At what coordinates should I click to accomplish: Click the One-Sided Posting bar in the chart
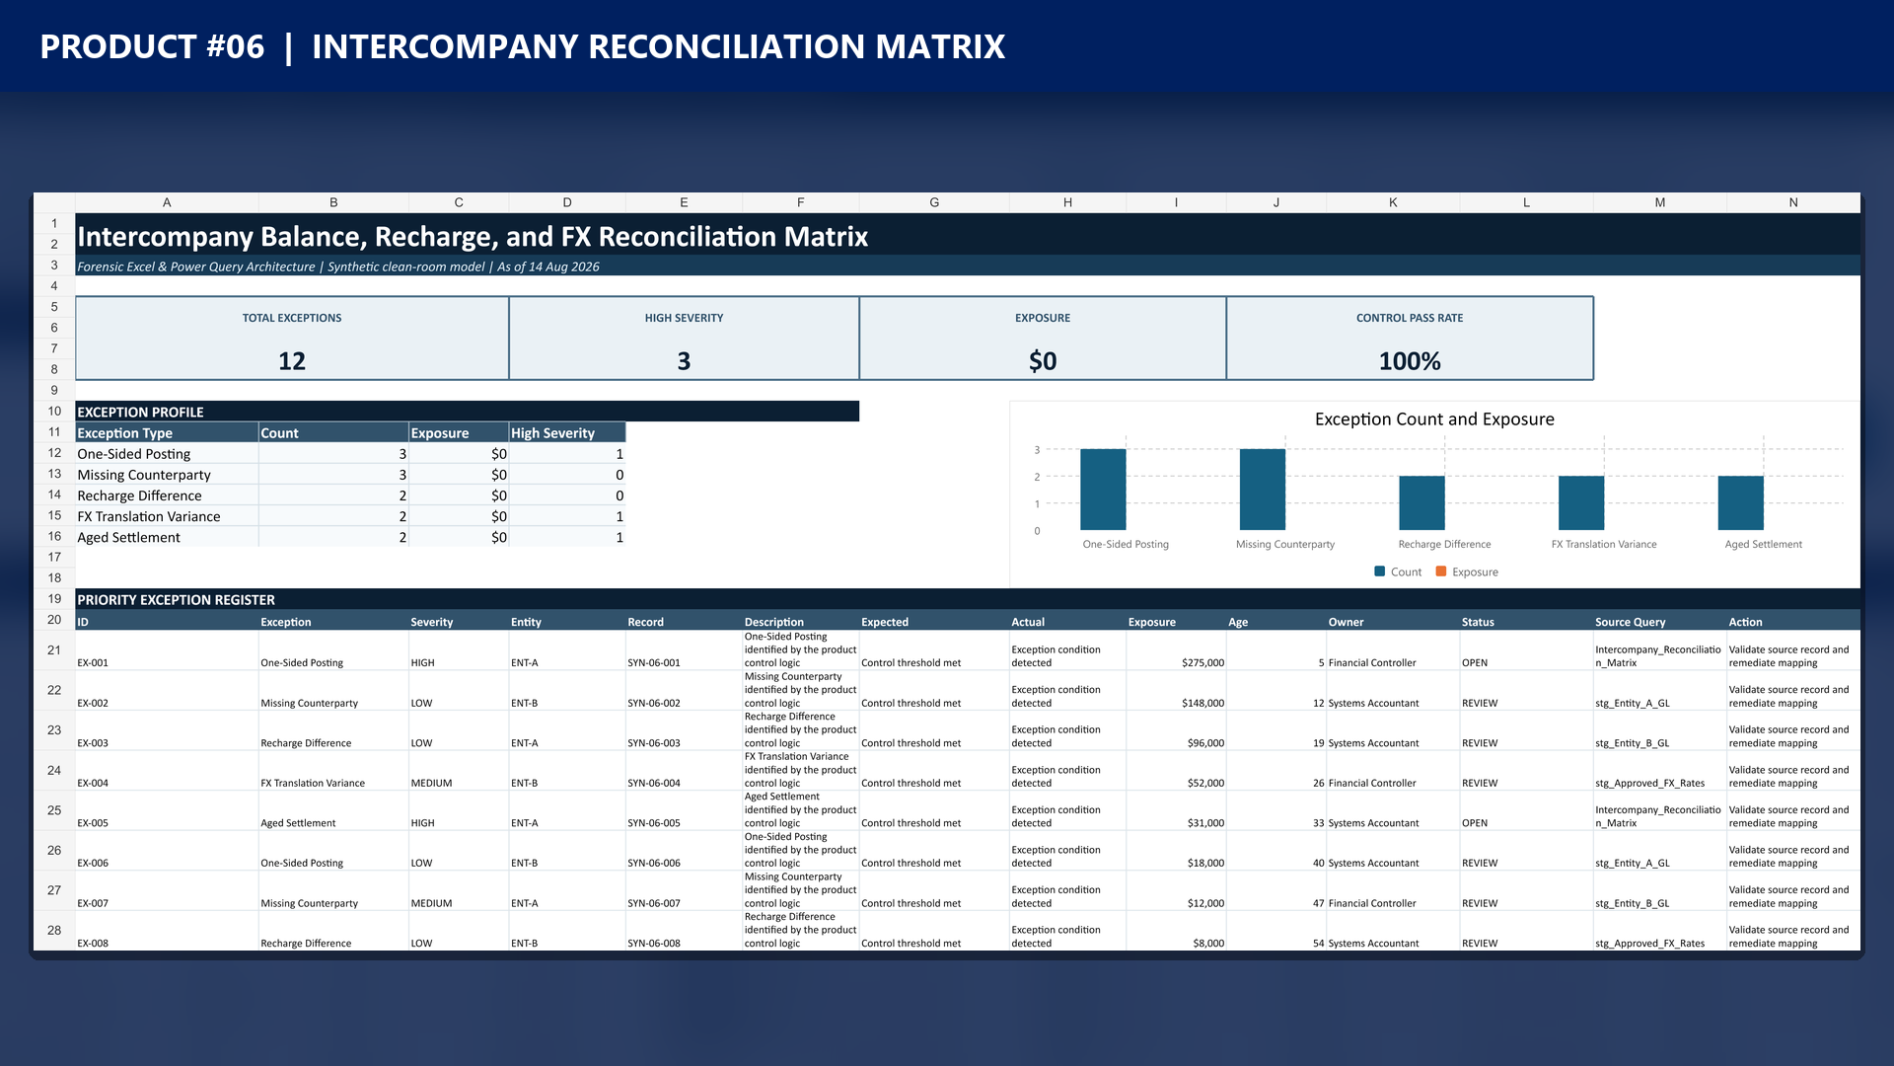(1103, 490)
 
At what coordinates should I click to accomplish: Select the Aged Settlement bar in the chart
(1740, 503)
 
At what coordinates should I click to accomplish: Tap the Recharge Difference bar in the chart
(1421, 503)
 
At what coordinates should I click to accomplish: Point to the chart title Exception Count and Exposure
(1434, 419)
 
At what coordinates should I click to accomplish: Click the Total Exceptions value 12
(292, 361)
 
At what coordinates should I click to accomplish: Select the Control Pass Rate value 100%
(1410, 361)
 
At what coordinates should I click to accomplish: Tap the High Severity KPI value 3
(684, 361)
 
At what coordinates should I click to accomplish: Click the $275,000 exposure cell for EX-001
(1202, 663)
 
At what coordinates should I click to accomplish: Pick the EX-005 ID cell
(93, 823)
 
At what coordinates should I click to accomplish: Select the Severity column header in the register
(432, 622)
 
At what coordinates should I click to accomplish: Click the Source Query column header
(1630, 622)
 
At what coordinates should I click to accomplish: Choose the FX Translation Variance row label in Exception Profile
(149, 516)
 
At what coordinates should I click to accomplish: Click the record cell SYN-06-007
(654, 903)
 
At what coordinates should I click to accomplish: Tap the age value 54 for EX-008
(1318, 944)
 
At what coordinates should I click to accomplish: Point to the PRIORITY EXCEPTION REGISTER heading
(176, 600)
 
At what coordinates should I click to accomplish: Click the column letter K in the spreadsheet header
(1393, 202)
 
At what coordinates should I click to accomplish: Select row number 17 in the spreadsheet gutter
(54, 557)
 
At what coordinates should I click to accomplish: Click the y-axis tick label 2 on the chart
(1037, 477)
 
